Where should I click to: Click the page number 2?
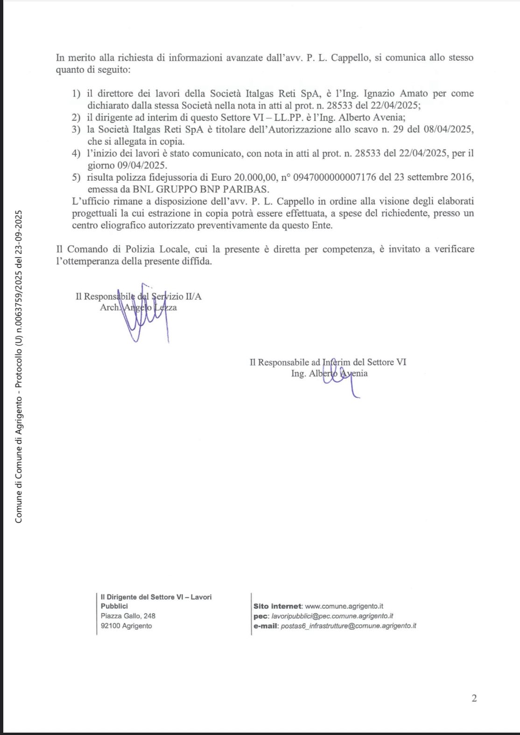pos(474,699)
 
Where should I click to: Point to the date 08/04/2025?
pos(449,129)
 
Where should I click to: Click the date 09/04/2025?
pos(127,165)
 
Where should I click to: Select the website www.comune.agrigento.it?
pos(344,606)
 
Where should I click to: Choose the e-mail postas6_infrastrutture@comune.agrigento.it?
pos(348,626)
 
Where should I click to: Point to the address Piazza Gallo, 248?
pos(128,616)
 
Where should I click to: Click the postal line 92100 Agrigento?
pos(126,626)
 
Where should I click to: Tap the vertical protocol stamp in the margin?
pos(19,367)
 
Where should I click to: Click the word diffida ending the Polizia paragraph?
pos(197,261)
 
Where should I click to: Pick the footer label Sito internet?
pos(278,606)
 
